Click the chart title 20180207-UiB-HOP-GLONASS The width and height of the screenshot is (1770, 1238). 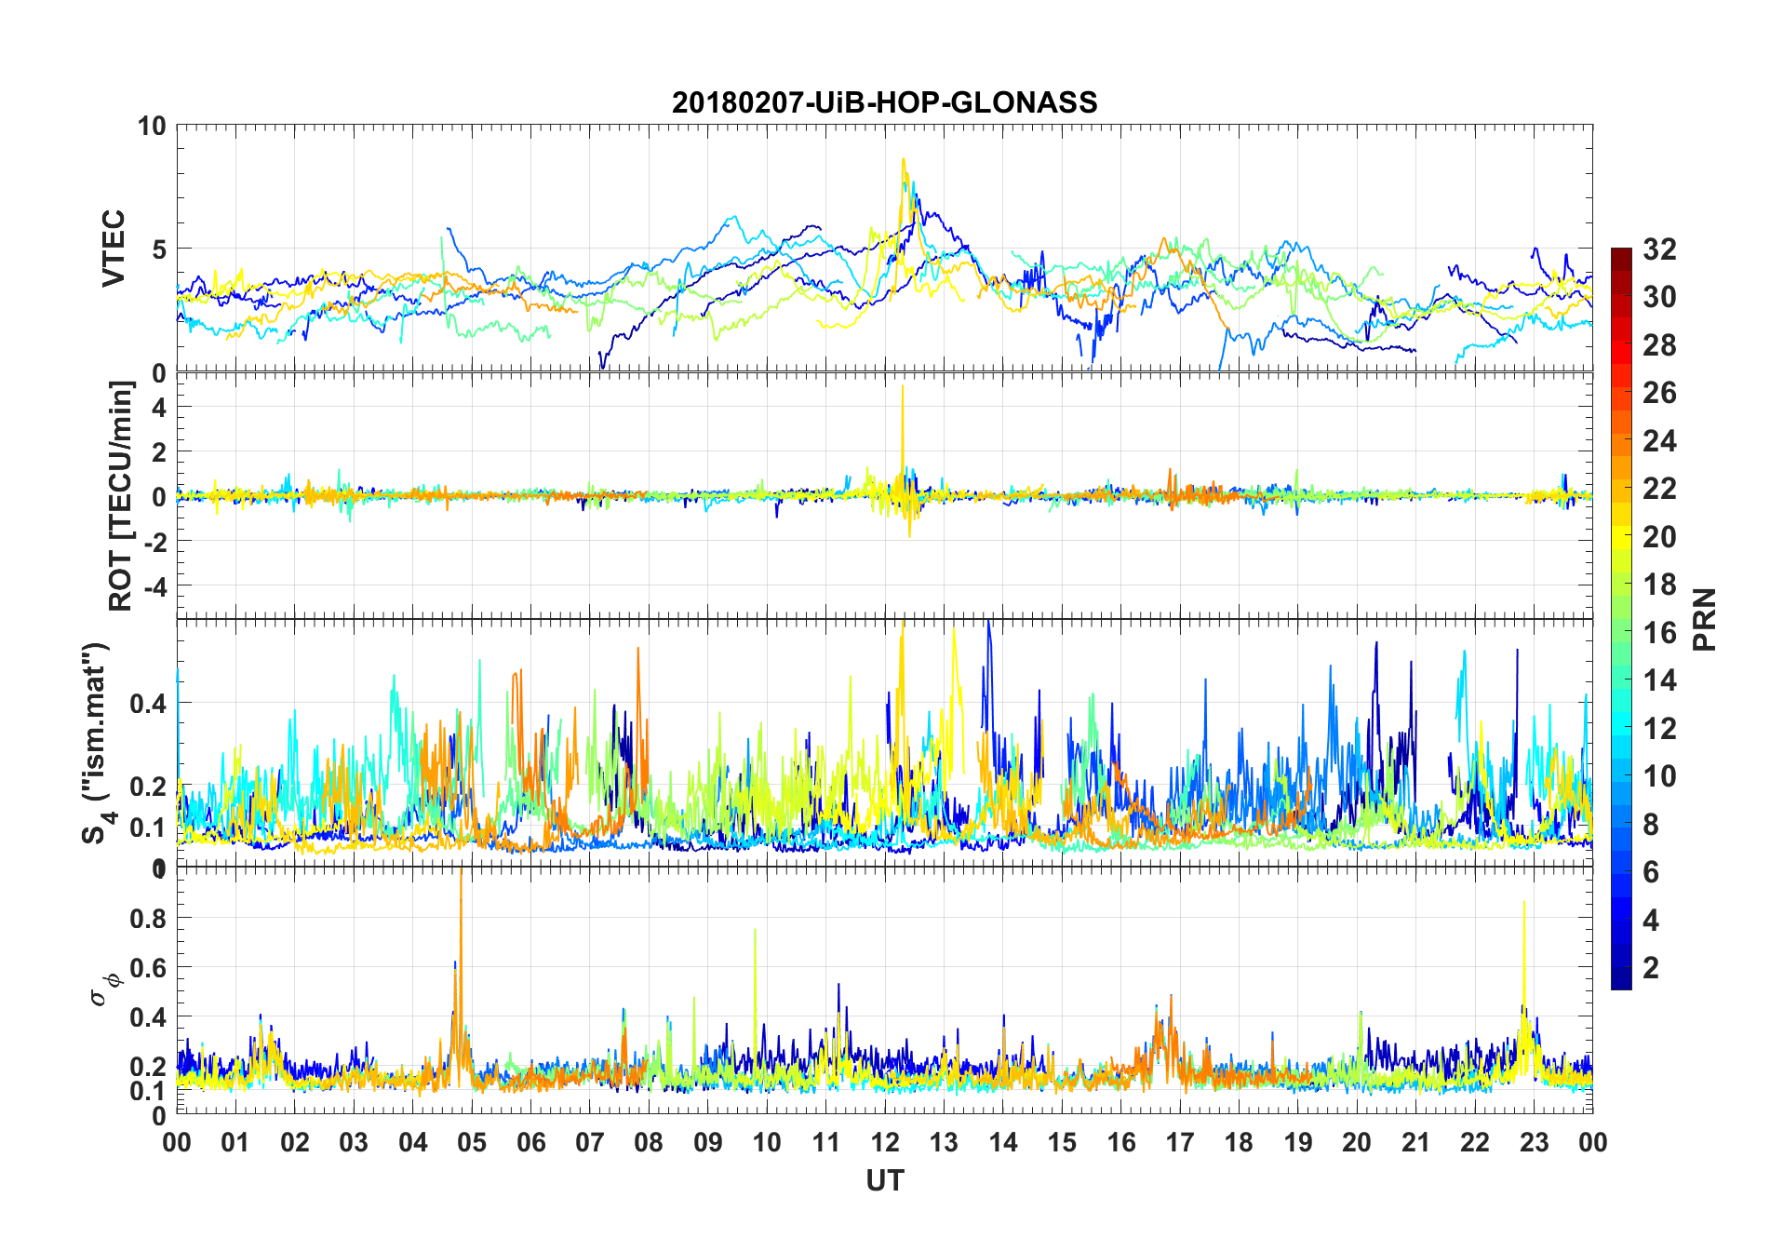[884, 101]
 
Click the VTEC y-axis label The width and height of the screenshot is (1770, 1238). [114, 249]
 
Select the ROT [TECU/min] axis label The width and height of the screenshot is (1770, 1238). [121, 495]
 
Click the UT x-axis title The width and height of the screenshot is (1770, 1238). [884, 1180]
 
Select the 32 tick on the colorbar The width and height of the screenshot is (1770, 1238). [1659, 249]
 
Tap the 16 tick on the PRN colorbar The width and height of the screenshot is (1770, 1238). [1659, 632]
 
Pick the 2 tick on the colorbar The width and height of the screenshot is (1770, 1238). [1651, 967]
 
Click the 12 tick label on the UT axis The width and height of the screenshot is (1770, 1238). [884, 1142]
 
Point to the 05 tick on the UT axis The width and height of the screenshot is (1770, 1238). [472, 1142]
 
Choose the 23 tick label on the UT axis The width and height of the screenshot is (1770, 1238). [1534, 1142]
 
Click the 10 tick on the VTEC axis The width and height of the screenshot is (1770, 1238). [151, 126]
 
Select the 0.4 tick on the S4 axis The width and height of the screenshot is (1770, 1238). [149, 703]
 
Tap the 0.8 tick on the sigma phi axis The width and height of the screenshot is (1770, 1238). [149, 918]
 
